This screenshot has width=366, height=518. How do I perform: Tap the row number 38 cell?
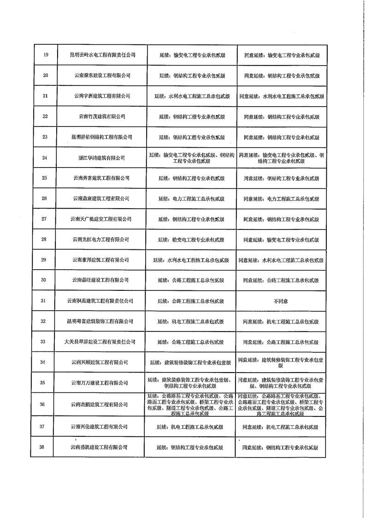[x=42, y=447]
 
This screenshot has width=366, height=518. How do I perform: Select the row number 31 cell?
[x=43, y=301]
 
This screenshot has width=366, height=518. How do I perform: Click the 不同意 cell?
[x=280, y=301]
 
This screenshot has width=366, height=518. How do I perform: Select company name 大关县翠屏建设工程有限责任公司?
[x=100, y=342]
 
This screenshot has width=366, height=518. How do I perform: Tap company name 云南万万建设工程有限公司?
[x=99, y=383]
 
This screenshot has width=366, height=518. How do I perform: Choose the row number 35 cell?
[x=43, y=383]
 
